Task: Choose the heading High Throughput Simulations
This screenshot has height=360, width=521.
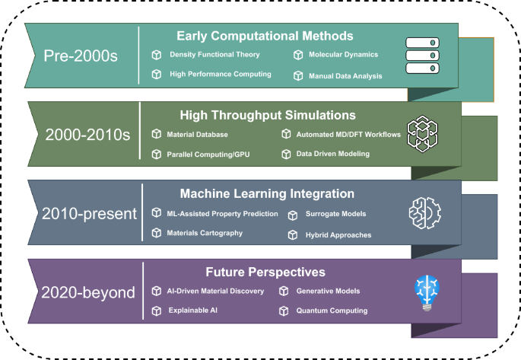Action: [268, 116]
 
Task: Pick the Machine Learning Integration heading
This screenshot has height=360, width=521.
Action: [267, 194]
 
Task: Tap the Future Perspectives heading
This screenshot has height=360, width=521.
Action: [265, 272]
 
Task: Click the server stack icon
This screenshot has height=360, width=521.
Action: [424, 56]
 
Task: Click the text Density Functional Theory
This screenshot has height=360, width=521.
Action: [214, 55]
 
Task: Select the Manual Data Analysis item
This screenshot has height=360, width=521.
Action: [345, 75]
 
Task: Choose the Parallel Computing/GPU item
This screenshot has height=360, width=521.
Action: [208, 154]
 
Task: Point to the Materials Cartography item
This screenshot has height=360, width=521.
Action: [205, 233]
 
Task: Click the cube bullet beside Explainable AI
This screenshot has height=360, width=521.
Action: [156, 311]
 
